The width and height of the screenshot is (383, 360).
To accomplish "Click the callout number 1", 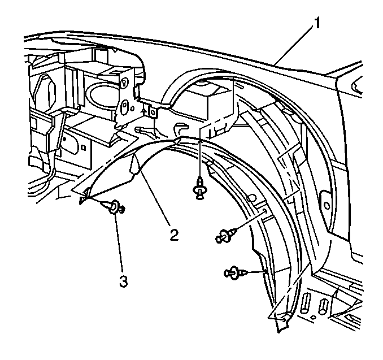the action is click(316, 23).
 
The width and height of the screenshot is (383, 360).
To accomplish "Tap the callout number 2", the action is click(174, 235).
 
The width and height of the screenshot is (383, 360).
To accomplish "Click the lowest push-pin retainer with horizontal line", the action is click(236, 272).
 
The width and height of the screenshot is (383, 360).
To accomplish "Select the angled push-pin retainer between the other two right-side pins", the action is click(226, 235).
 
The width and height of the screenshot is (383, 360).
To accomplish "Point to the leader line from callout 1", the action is click(294, 45).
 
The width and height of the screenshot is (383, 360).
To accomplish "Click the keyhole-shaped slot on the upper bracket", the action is click(124, 83).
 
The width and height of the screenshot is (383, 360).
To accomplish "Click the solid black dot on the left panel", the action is click(64, 139).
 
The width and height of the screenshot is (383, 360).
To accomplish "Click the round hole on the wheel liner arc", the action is click(253, 197).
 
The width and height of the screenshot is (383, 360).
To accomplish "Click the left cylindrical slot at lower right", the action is click(305, 303).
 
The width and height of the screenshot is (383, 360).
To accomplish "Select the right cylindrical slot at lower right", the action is click(323, 306).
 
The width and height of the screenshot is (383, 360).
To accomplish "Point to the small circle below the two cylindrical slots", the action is click(314, 317).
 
